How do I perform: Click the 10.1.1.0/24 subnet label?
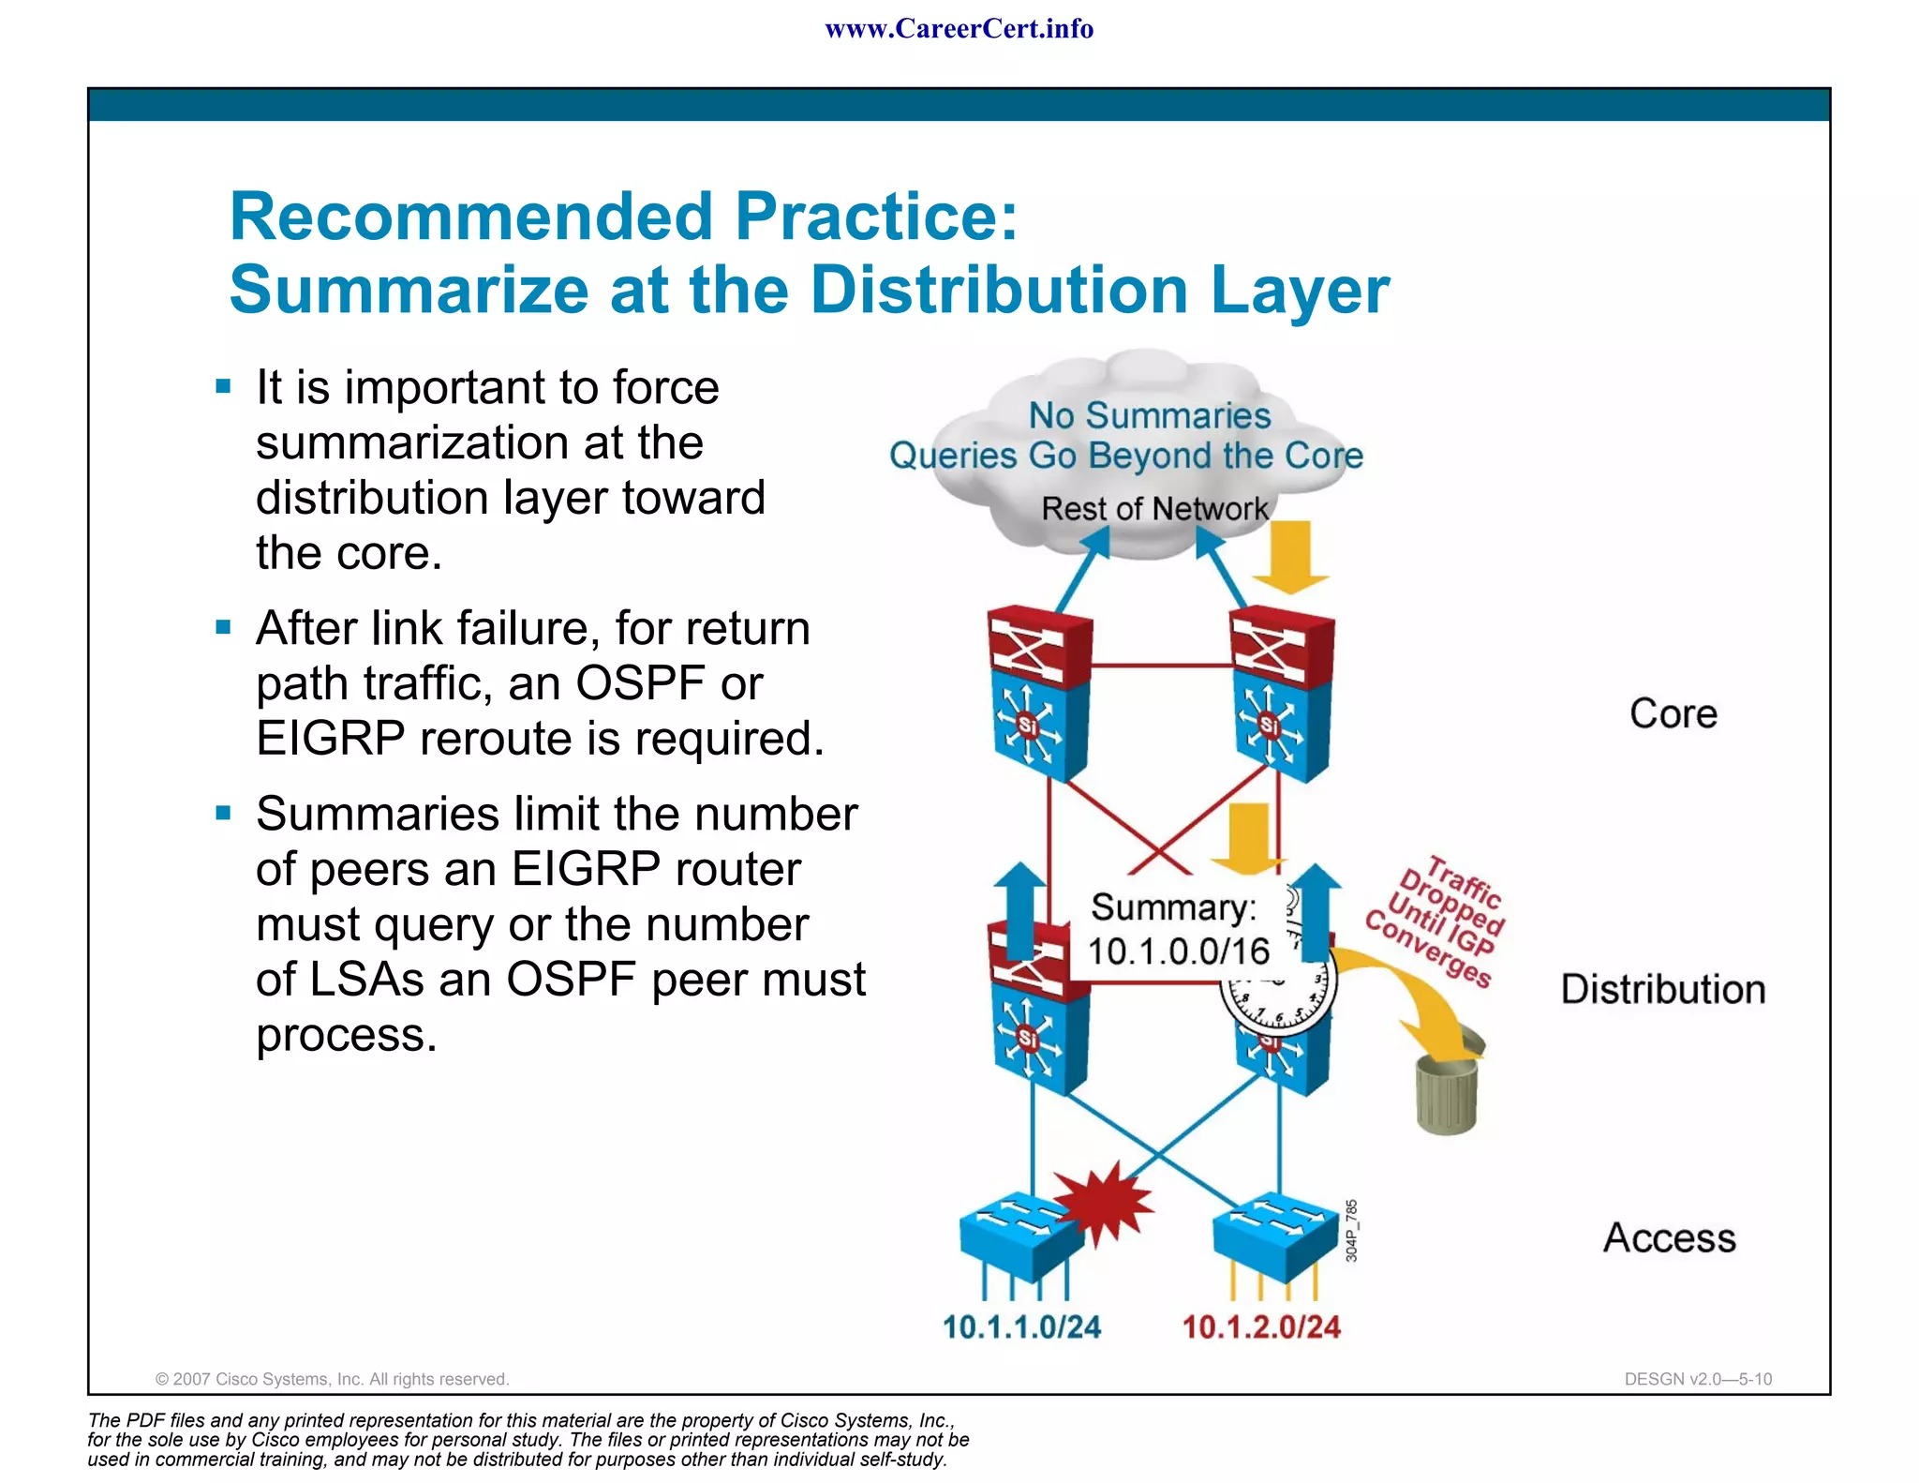1021,1326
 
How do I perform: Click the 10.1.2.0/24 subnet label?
1260,1326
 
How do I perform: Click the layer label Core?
1674,714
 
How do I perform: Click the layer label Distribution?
1663,990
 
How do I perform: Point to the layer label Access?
1670,1238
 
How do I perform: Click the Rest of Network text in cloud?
1154,509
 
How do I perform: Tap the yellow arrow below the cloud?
1291,559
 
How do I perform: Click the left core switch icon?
1038,694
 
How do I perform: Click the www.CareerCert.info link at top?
959,29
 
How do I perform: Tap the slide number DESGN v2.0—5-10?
1698,1379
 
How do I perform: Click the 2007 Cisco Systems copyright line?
332,1379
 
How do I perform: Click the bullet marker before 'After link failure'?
223,627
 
